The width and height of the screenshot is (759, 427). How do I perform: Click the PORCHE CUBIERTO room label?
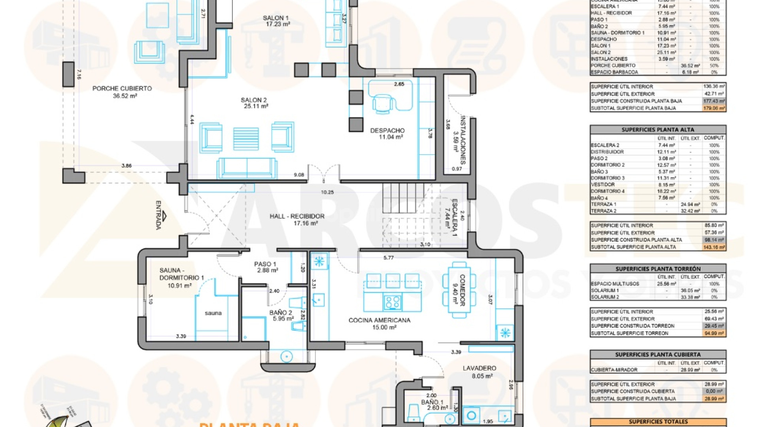[122, 89]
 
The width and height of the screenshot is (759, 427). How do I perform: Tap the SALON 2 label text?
[254, 100]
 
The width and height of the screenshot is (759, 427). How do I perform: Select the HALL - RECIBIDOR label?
[297, 217]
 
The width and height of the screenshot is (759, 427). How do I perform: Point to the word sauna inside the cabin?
[213, 313]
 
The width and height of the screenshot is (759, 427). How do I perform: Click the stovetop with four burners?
[392, 302]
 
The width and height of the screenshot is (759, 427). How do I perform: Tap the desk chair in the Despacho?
[382, 104]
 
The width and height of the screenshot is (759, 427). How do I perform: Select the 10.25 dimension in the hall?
[327, 193]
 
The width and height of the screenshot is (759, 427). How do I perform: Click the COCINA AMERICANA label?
[379, 320]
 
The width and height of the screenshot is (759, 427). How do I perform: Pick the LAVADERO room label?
[479, 368]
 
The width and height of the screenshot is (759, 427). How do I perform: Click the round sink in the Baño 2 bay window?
[286, 357]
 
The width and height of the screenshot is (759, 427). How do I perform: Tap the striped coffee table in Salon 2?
[246, 138]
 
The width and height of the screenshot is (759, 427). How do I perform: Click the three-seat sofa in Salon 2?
[247, 168]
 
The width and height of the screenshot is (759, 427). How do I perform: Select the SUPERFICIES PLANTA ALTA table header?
[658, 130]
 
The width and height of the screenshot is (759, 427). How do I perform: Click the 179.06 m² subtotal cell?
[714, 108]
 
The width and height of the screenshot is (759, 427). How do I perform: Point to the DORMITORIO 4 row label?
[608, 191]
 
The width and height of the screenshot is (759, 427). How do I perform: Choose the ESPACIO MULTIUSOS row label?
[615, 284]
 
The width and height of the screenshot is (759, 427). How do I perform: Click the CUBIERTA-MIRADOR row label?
[614, 370]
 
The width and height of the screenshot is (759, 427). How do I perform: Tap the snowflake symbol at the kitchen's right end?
[505, 333]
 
